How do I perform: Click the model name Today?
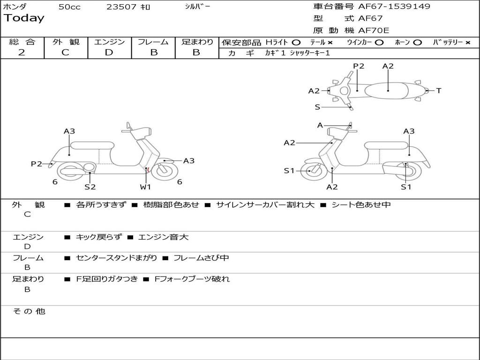coord(24,18)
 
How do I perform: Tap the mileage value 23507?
coord(121,7)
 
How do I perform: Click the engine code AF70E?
coord(374,30)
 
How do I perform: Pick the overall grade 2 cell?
coord(22,52)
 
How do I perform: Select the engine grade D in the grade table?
coord(109,52)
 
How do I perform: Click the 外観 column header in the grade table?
coord(66,42)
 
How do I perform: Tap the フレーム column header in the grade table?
coord(153,42)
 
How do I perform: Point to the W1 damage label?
coord(145,187)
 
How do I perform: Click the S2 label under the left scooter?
coord(90,187)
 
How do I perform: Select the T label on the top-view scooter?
coord(439,91)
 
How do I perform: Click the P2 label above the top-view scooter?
coord(359,66)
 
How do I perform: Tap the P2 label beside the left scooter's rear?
coord(37,164)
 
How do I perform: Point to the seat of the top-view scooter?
coord(388,90)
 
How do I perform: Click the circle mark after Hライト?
coord(296,43)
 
